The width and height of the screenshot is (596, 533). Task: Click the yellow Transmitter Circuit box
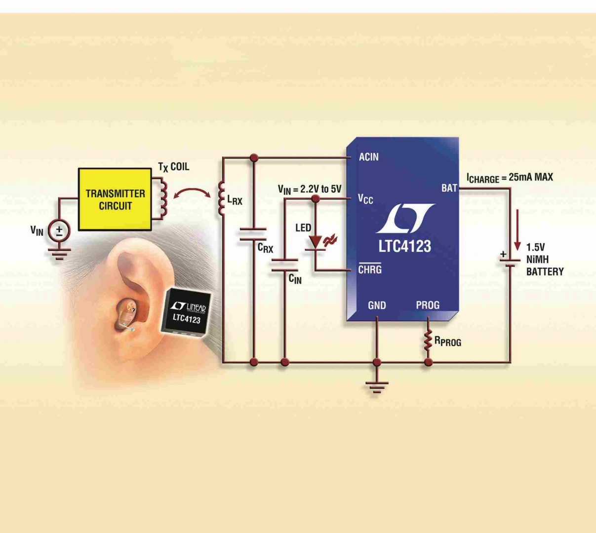click(x=115, y=199)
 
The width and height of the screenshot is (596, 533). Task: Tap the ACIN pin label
click(x=369, y=157)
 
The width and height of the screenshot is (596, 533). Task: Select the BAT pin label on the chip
click(x=449, y=188)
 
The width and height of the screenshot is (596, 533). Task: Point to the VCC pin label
click(x=365, y=199)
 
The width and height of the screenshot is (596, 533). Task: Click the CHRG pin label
click(x=370, y=270)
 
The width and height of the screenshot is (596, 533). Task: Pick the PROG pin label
click(x=428, y=305)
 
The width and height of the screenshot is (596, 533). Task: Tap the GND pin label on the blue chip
click(x=377, y=305)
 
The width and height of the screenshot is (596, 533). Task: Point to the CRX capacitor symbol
click(x=253, y=234)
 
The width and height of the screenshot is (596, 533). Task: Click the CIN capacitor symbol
click(x=284, y=265)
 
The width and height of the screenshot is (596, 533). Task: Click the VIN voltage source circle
click(x=59, y=231)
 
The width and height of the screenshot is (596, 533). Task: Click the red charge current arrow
click(x=517, y=229)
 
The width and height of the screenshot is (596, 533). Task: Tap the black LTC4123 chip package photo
click(x=188, y=311)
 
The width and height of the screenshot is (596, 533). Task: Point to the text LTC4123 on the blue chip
click(x=404, y=246)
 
